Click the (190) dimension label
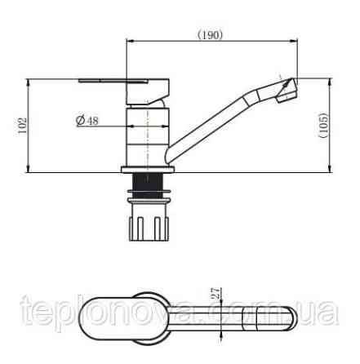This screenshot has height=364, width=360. (210, 34)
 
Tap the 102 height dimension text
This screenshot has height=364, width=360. (23, 126)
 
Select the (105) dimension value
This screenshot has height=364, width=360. (324, 125)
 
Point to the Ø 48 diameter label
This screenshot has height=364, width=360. (87, 120)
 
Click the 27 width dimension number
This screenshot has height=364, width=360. (216, 293)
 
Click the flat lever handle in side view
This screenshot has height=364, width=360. (124, 91)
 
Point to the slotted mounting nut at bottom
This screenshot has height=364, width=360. (149, 227)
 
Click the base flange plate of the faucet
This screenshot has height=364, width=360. (148, 170)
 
